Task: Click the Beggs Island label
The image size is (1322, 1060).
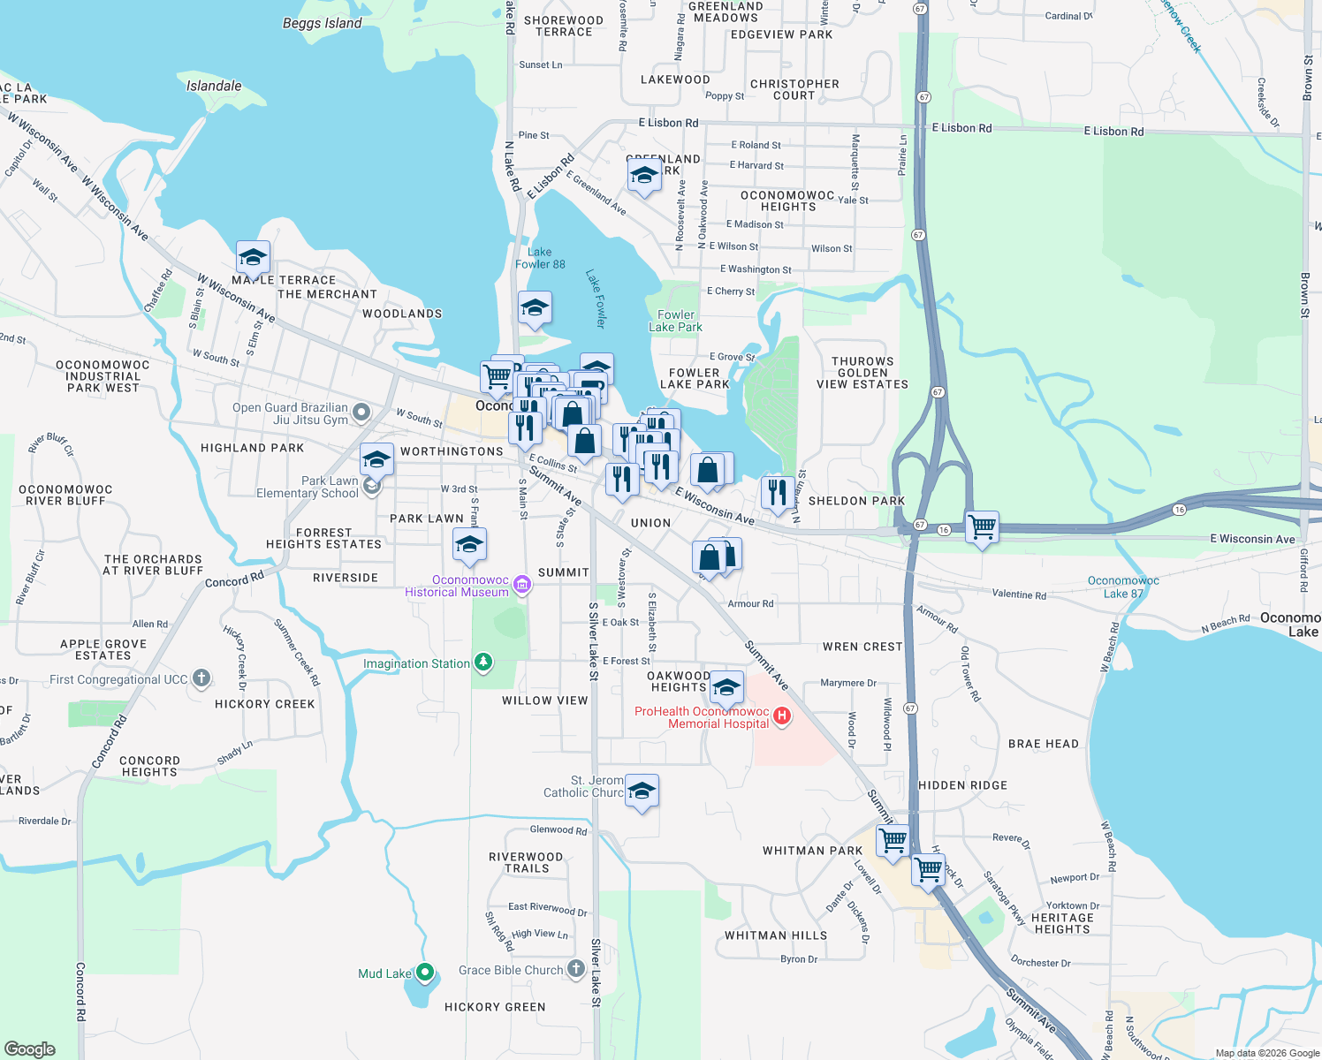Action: coord(322,23)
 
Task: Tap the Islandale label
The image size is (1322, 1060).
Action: coord(214,86)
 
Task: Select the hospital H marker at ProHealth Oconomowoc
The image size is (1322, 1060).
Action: coord(781,716)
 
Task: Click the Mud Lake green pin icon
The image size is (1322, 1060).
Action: coord(425,973)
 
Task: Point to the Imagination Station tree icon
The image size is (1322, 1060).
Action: coord(482,662)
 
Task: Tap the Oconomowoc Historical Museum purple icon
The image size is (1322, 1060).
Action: coord(521,585)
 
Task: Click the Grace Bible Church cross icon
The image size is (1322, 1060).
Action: coord(576,969)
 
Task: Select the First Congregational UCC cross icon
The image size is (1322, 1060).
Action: coord(201,678)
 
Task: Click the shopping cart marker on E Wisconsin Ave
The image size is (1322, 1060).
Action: coord(982,528)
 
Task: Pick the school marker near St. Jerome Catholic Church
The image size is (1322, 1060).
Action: coord(642,791)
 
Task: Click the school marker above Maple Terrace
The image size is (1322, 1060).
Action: coord(253,257)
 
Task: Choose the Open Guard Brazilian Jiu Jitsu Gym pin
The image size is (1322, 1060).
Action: coord(361,413)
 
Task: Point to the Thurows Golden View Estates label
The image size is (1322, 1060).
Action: coord(862,373)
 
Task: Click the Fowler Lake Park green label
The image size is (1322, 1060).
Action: coord(676,321)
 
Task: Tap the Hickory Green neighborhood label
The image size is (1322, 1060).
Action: coord(495,1007)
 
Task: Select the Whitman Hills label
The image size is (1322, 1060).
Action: coord(776,935)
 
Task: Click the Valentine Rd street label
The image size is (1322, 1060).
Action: coord(1019,594)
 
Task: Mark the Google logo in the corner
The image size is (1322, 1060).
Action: coord(30,1049)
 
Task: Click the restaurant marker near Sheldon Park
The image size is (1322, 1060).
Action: coord(777,493)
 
